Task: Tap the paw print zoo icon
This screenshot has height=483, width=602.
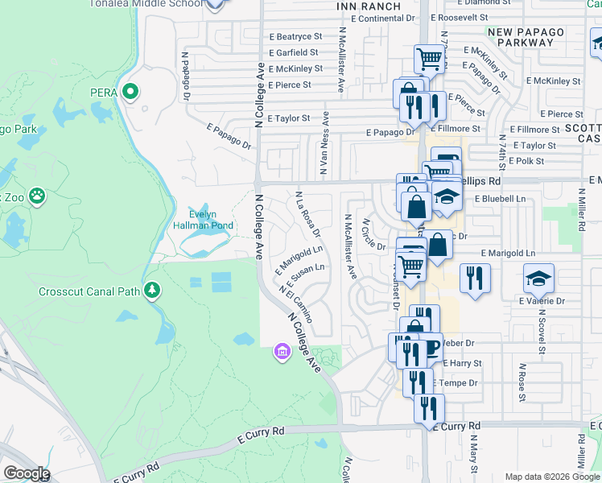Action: (37, 196)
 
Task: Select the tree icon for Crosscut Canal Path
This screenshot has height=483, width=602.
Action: (150, 291)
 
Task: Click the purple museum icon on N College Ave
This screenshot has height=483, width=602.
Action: (281, 352)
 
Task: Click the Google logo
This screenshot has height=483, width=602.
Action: (26, 473)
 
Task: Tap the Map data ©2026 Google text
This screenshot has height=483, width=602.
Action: (551, 477)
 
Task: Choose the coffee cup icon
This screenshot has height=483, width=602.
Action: (431, 347)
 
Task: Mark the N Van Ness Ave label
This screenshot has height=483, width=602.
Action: (324, 153)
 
